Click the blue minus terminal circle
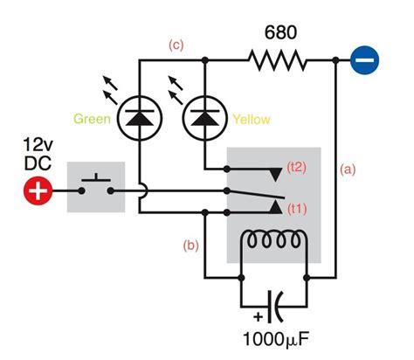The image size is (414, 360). tap(364, 60)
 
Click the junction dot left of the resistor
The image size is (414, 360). tap(204, 60)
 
